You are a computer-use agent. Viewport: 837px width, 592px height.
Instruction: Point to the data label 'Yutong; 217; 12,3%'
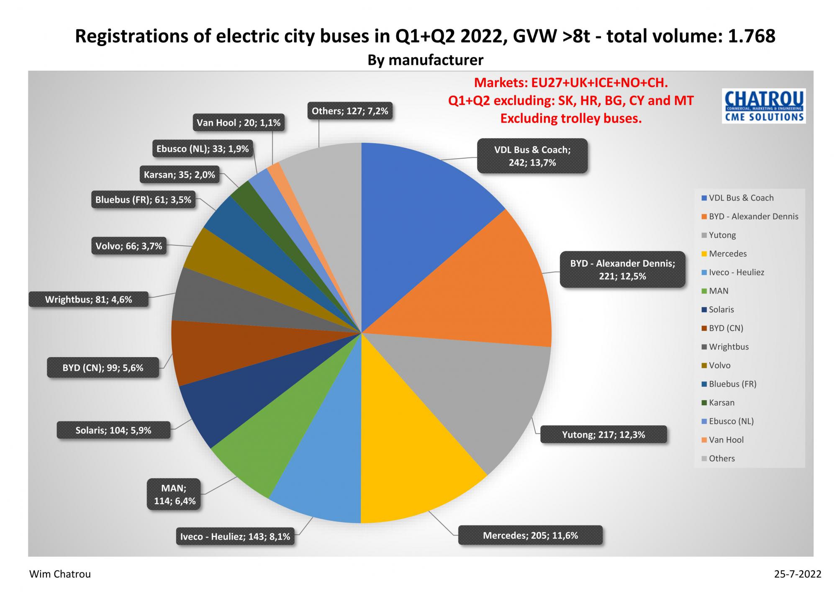pos(603,435)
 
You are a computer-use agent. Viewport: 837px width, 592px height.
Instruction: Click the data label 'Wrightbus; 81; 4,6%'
pos(89,299)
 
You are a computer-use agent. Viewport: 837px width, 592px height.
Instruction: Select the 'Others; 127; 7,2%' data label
pos(350,111)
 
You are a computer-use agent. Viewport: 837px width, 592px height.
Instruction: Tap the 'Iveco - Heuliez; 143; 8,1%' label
pos(235,536)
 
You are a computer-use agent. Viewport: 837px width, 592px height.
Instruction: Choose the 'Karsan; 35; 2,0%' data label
pos(180,175)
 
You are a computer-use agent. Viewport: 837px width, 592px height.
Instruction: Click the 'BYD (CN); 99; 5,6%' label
pos(103,368)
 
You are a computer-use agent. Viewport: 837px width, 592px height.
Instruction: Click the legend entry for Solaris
pos(721,309)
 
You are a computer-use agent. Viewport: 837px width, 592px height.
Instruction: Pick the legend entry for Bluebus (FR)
pos(732,384)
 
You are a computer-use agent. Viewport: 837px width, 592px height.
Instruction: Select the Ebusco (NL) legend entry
pos(731,421)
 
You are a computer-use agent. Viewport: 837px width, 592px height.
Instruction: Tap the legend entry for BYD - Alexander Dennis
pos(753,216)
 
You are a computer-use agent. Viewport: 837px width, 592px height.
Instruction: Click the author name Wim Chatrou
pos(60,574)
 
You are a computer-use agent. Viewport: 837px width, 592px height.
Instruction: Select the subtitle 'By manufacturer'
pos(425,60)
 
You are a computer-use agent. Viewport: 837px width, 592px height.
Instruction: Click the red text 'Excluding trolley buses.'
pos(571,118)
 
